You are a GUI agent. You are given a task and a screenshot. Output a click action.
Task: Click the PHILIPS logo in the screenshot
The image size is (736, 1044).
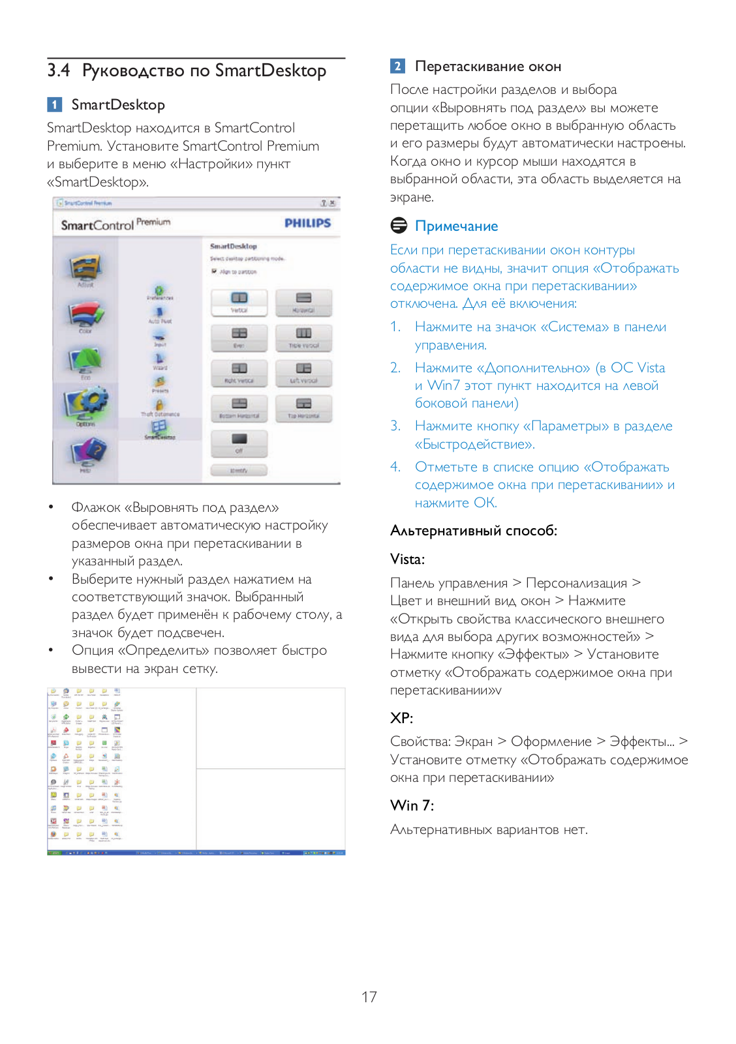307,223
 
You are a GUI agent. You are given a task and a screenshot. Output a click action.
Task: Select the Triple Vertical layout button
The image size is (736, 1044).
303,338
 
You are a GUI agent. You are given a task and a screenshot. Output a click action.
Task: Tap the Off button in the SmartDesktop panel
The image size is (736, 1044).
239,443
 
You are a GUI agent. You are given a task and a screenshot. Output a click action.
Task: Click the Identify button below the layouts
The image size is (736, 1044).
239,470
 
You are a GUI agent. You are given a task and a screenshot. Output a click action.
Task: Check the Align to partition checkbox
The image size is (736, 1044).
214,271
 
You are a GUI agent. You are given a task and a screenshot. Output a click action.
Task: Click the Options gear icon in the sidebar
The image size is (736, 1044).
85,405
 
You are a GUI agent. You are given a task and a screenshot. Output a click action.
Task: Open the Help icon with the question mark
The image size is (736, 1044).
85,452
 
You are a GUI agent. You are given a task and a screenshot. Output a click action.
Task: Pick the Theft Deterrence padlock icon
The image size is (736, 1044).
160,404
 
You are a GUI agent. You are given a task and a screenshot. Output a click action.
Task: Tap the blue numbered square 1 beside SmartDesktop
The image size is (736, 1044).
55,104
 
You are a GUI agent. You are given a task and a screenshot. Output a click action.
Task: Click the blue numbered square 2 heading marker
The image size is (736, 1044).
398,66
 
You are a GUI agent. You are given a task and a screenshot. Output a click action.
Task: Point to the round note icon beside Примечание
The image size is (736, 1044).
399,226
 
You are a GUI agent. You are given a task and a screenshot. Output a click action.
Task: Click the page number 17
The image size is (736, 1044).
369,996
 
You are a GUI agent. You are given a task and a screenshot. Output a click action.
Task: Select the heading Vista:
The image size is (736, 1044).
407,559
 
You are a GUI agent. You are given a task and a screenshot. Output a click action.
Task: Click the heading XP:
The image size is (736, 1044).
401,718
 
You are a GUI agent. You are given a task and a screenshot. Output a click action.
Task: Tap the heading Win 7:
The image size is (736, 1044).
412,805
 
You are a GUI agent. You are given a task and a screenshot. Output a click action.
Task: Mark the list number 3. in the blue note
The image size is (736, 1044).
395,426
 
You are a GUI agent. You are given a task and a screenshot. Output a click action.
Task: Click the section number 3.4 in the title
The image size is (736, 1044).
59,70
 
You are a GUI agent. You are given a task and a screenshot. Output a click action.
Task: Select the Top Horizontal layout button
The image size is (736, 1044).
303,408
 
